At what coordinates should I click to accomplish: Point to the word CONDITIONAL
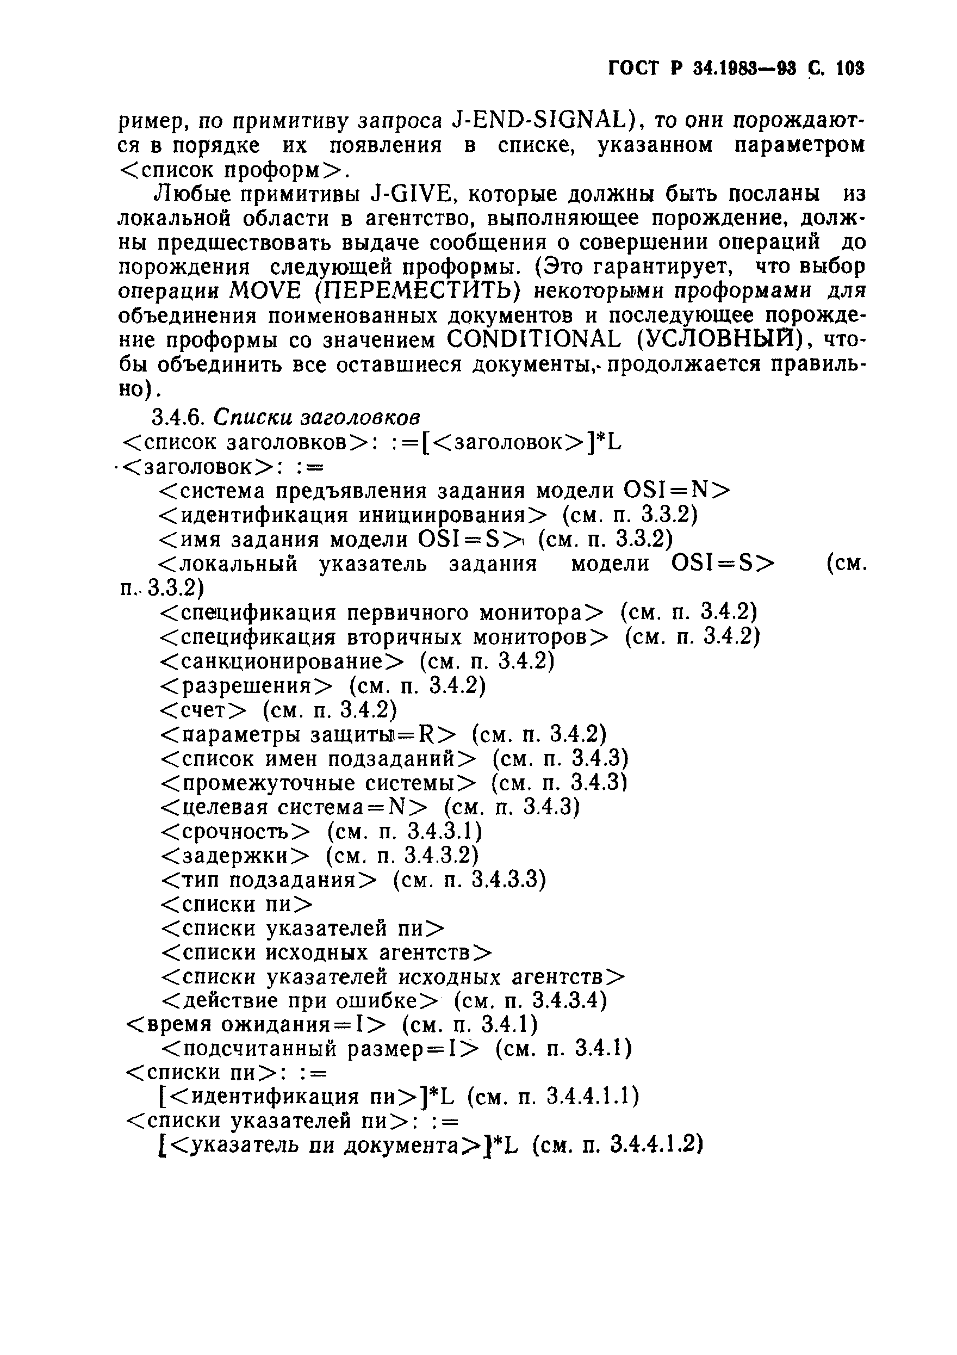click(x=533, y=340)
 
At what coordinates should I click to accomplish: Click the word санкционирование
click(x=283, y=661)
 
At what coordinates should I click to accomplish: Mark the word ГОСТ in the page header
click(x=633, y=69)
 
